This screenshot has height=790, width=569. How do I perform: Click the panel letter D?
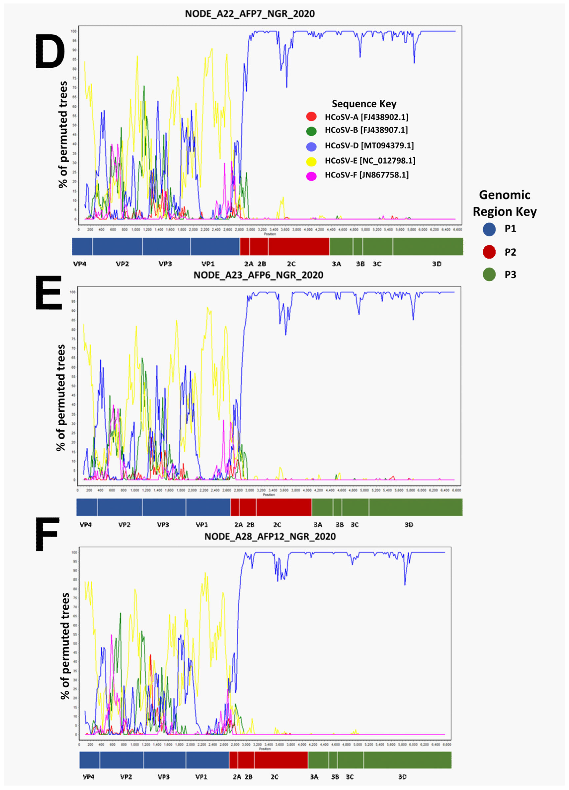[x=50, y=52]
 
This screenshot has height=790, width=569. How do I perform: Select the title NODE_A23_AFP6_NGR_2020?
[x=258, y=275]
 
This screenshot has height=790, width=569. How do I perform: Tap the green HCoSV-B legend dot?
[x=311, y=131]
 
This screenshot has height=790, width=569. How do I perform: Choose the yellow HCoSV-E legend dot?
[x=311, y=161]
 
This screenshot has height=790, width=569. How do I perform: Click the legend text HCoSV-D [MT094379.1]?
[x=369, y=146]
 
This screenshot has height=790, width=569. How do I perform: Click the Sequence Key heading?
[x=364, y=104]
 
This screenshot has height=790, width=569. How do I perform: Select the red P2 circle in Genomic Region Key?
[x=489, y=252]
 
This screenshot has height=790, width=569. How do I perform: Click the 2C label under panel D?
[x=291, y=264]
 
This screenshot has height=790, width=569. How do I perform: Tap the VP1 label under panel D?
[x=208, y=264]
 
